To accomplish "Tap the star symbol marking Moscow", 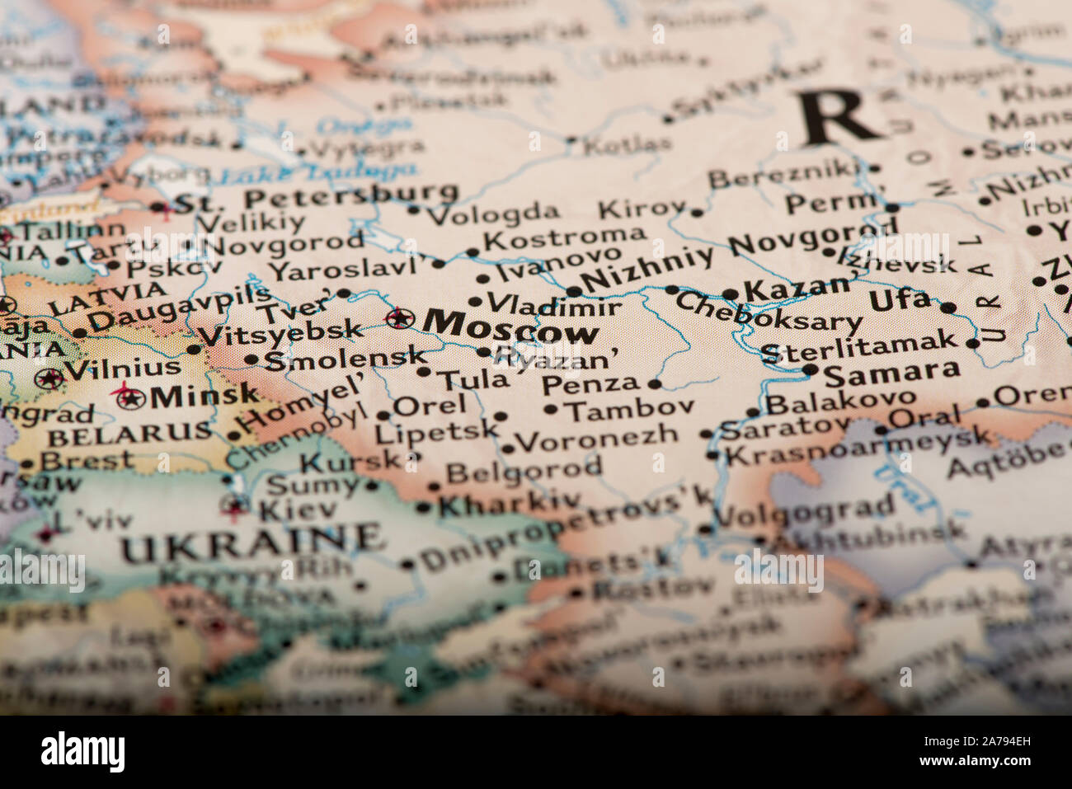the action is coord(400,317).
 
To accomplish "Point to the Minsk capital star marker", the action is coord(128,397).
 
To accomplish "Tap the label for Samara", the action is coord(891,373).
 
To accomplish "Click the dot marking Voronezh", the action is coord(507,449).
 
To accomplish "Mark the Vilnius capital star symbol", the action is coord(49,378).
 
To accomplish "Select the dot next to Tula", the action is coord(424,372).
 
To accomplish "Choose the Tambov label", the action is coord(631,409).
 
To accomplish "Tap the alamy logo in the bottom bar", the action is coord(82,752).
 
